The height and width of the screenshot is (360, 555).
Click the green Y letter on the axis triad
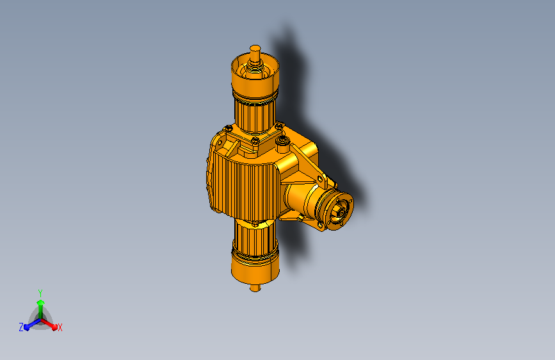[x=40, y=292]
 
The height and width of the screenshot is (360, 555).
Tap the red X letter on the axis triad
[x=60, y=327]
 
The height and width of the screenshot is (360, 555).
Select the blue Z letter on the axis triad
[x=21, y=327]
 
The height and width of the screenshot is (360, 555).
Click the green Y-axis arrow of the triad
[x=40, y=304]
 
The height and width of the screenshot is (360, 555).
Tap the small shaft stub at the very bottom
[x=255, y=288]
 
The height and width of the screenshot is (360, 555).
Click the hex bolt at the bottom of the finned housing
[x=256, y=224]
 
